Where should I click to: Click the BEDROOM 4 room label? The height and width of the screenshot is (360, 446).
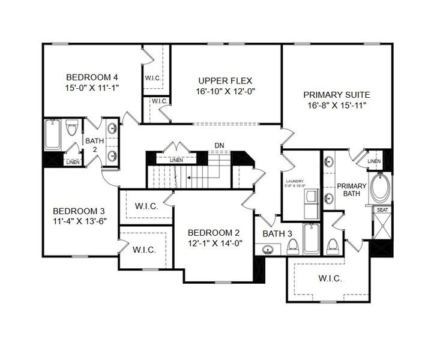tap(92, 77)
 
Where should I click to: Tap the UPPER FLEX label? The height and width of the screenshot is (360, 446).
tap(225, 80)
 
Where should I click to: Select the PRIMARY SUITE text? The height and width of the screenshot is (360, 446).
tap(336, 94)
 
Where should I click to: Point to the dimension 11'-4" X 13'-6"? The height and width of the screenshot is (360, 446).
tap(79, 222)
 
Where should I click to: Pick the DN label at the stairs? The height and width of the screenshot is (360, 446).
tap(219, 146)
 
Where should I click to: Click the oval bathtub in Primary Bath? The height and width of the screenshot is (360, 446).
tap(381, 188)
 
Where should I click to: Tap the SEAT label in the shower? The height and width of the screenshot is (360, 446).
tap(382, 210)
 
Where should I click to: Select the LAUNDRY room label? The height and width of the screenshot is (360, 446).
tap(295, 181)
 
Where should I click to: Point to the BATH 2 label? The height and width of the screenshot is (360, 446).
tap(91, 145)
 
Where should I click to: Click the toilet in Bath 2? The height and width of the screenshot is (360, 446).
tap(72, 128)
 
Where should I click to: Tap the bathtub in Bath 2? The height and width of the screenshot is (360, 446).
tap(52, 135)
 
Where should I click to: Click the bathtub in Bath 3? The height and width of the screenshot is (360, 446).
tap(312, 239)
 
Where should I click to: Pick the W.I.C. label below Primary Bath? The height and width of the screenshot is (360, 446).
tap(330, 279)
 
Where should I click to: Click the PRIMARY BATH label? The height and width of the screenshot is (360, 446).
tap(352, 190)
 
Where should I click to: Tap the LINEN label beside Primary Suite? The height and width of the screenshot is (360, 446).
tap(373, 161)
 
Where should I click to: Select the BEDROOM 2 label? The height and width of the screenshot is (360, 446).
tap(214, 233)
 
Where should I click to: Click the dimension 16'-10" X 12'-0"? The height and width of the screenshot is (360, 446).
tap(225, 92)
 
